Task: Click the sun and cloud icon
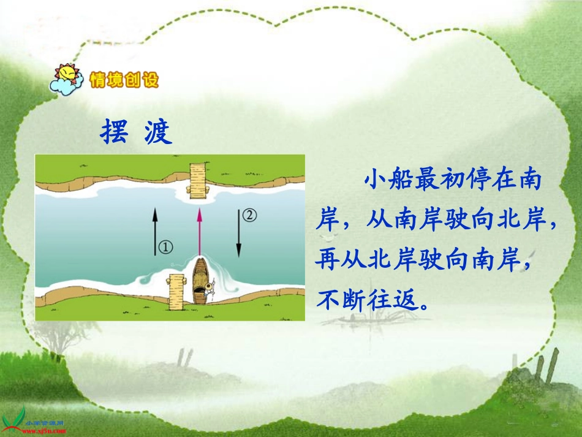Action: (68, 79)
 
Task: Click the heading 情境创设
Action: (124, 80)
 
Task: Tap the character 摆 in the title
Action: (114, 131)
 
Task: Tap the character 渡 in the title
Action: (159, 131)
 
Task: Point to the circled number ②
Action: (250, 215)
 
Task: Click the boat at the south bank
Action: (200, 281)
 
